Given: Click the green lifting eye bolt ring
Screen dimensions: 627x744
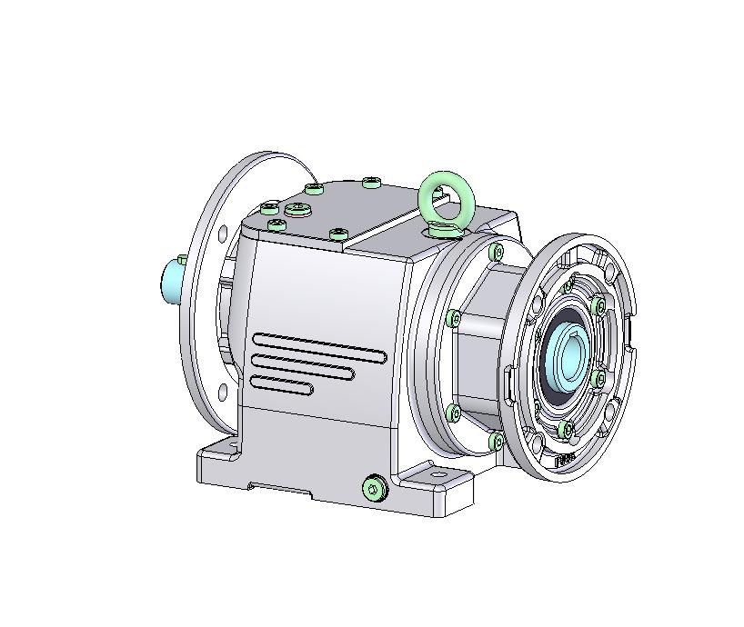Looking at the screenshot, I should [445, 195].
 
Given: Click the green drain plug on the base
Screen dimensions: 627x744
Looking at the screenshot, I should [374, 490].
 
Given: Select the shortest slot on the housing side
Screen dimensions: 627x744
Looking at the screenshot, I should [282, 387].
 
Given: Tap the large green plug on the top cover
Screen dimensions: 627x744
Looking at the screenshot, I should [298, 210].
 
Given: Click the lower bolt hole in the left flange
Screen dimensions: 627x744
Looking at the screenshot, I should [222, 393].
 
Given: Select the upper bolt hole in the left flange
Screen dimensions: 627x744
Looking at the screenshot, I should [221, 234].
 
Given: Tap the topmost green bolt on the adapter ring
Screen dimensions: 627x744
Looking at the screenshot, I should [495, 251].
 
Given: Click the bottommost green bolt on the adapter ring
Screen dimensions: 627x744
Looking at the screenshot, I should [496, 442].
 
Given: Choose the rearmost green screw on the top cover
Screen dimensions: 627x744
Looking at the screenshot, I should [370, 183].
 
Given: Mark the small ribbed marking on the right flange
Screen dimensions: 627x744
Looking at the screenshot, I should [565, 459].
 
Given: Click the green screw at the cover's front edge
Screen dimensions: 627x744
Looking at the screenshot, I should [337, 234].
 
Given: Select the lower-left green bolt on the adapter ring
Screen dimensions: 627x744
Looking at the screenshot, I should [454, 413].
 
